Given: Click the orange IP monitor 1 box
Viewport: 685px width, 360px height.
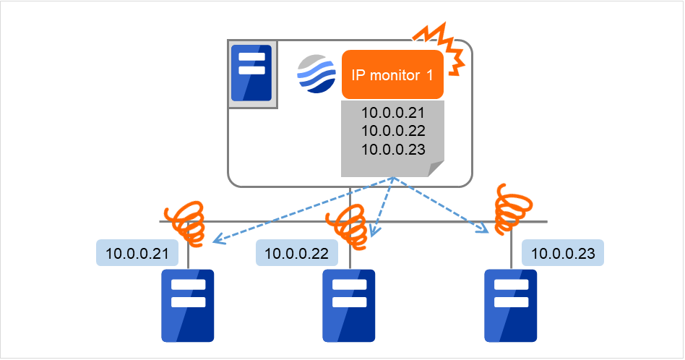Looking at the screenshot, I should pyautogui.click(x=392, y=74).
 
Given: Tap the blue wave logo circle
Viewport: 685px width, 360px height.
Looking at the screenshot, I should pyautogui.click(x=316, y=74).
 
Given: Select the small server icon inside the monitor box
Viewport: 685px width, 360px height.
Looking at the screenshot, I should pyautogui.click(x=251, y=73).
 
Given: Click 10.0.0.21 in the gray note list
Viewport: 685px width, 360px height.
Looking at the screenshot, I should pyautogui.click(x=392, y=113).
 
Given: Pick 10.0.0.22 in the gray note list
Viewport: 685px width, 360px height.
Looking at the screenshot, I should pyautogui.click(x=392, y=131).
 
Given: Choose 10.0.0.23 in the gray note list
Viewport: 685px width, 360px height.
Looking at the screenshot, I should pyautogui.click(x=392, y=149).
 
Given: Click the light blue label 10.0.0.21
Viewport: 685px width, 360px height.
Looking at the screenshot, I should pyautogui.click(x=137, y=253).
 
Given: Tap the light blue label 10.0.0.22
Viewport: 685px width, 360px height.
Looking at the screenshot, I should pyautogui.click(x=296, y=253).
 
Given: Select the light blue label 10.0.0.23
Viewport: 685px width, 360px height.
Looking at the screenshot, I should pyautogui.click(x=563, y=253).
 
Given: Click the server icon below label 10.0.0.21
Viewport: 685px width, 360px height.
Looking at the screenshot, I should pyautogui.click(x=188, y=305).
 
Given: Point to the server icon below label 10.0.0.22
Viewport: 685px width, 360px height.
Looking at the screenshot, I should pyautogui.click(x=349, y=305).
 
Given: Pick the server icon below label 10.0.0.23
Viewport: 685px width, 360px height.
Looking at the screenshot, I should pyautogui.click(x=511, y=305).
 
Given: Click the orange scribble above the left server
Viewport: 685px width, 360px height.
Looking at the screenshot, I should pyautogui.click(x=187, y=221).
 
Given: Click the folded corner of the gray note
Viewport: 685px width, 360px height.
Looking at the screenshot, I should pyautogui.click(x=436, y=169).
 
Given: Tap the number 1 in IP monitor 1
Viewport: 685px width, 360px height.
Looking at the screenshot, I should pyautogui.click(x=429, y=74).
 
